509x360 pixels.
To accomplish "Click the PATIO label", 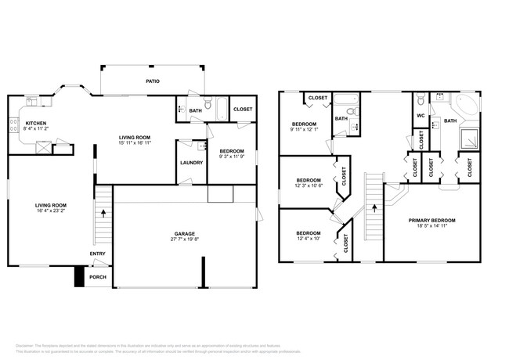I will click(153, 80).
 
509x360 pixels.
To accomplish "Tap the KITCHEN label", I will click(36, 123).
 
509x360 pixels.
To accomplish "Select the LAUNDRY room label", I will click(191, 163).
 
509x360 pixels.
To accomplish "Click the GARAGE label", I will click(185, 233).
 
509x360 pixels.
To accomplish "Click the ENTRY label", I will click(97, 254).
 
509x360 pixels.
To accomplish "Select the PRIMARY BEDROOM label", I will click(431, 221).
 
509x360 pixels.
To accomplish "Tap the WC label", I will click(420, 117).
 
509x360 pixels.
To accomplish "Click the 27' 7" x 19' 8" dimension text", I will click(185, 240).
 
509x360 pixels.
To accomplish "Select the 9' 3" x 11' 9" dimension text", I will click(232, 157).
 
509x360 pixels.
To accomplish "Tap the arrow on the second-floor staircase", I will click(374, 208).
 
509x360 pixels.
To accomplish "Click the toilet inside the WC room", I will click(421, 100).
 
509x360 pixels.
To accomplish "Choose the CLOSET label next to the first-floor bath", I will click(243, 109).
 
